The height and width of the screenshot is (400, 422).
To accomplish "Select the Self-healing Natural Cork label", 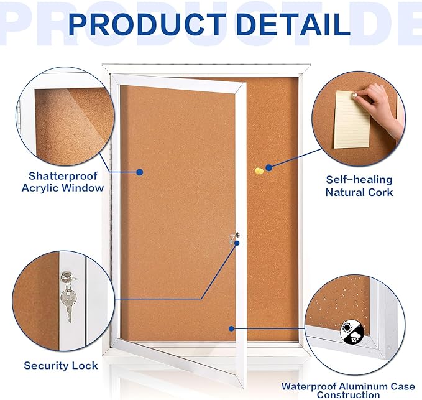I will click(359, 186).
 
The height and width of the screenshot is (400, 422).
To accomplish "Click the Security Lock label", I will click(61, 365).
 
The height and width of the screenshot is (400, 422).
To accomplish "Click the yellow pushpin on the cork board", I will click(258, 170).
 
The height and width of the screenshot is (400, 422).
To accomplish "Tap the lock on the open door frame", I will click(233, 238).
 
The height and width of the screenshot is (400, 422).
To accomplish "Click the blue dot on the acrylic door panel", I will click(139, 172).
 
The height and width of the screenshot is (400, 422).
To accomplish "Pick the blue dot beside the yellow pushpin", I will click(269, 167).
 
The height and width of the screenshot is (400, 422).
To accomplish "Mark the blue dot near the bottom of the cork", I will click(231, 328).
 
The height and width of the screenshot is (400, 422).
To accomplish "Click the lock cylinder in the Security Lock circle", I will click(65, 276).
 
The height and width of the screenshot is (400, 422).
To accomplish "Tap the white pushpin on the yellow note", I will click(355, 96).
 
